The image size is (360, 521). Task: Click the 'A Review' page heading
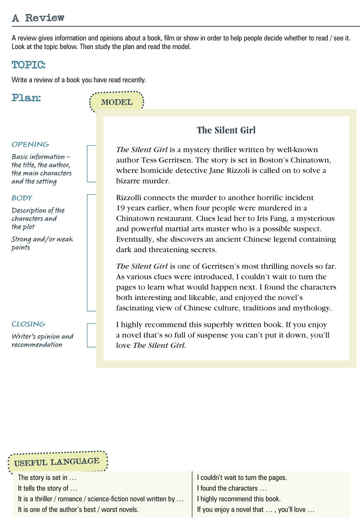coord(38,18)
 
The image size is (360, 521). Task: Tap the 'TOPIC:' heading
coord(28,65)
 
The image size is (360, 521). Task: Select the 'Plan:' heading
coord(26,98)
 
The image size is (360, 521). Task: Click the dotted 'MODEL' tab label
coord(116,102)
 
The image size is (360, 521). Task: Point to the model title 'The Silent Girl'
coord(226,130)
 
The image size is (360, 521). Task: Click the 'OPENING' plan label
coord(30,144)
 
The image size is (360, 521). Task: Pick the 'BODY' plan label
coord(22,198)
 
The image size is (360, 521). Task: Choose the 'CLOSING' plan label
coord(28,324)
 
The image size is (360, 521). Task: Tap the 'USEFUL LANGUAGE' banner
coord(57,462)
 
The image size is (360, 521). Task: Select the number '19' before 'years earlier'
coord(121,208)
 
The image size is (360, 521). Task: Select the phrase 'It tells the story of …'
coord(47,488)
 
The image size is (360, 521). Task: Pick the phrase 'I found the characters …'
coord(232,488)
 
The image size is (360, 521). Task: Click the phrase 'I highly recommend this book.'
coord(239,499)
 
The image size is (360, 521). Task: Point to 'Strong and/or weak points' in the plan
coord(42,243)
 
